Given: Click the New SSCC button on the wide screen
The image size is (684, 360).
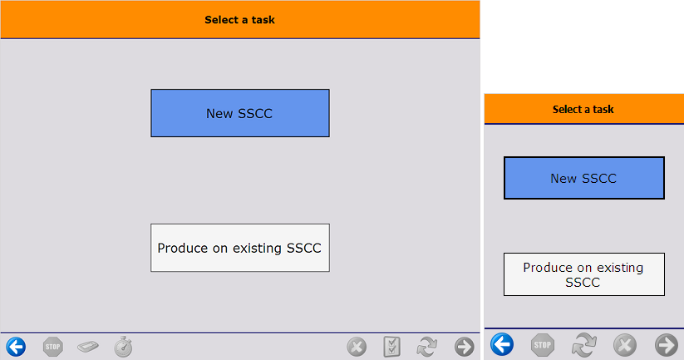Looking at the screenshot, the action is [x=240, y=113].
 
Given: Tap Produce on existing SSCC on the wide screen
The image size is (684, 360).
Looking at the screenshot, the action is [x=240, y=248].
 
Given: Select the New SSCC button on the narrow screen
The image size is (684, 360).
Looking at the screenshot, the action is [x=584, y=178].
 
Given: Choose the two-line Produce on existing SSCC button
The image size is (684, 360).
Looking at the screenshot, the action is [x=584, y=274].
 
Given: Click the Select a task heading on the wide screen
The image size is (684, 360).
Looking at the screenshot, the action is [x=239, y=20].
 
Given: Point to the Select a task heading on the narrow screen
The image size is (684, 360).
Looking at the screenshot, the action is [x=583, y=109].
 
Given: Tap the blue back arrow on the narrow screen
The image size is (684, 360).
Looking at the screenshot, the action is [x=502, y=344].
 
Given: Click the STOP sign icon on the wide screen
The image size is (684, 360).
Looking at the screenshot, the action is [x=53, y=347].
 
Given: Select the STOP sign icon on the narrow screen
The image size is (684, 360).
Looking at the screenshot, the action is [x=542, y=345].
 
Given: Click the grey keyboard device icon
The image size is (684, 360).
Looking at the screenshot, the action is [x=87, y=347].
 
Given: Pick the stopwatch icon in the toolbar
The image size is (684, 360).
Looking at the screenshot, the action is [x=123, y=347].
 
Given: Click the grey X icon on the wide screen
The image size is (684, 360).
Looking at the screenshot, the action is [x=357, y=347].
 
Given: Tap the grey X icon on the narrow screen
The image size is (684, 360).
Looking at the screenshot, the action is [x=625, y=345].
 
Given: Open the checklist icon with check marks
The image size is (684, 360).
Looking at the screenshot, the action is [x=391, y=347].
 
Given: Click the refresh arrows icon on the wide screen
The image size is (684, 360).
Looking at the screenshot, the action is [x=426, y=347].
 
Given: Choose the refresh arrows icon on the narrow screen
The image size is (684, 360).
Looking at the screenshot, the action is [x=583, y=345].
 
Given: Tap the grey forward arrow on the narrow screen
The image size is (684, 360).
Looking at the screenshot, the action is [x=666, y=345].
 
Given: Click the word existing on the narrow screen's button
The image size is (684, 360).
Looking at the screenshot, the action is [x=620, y=268].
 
